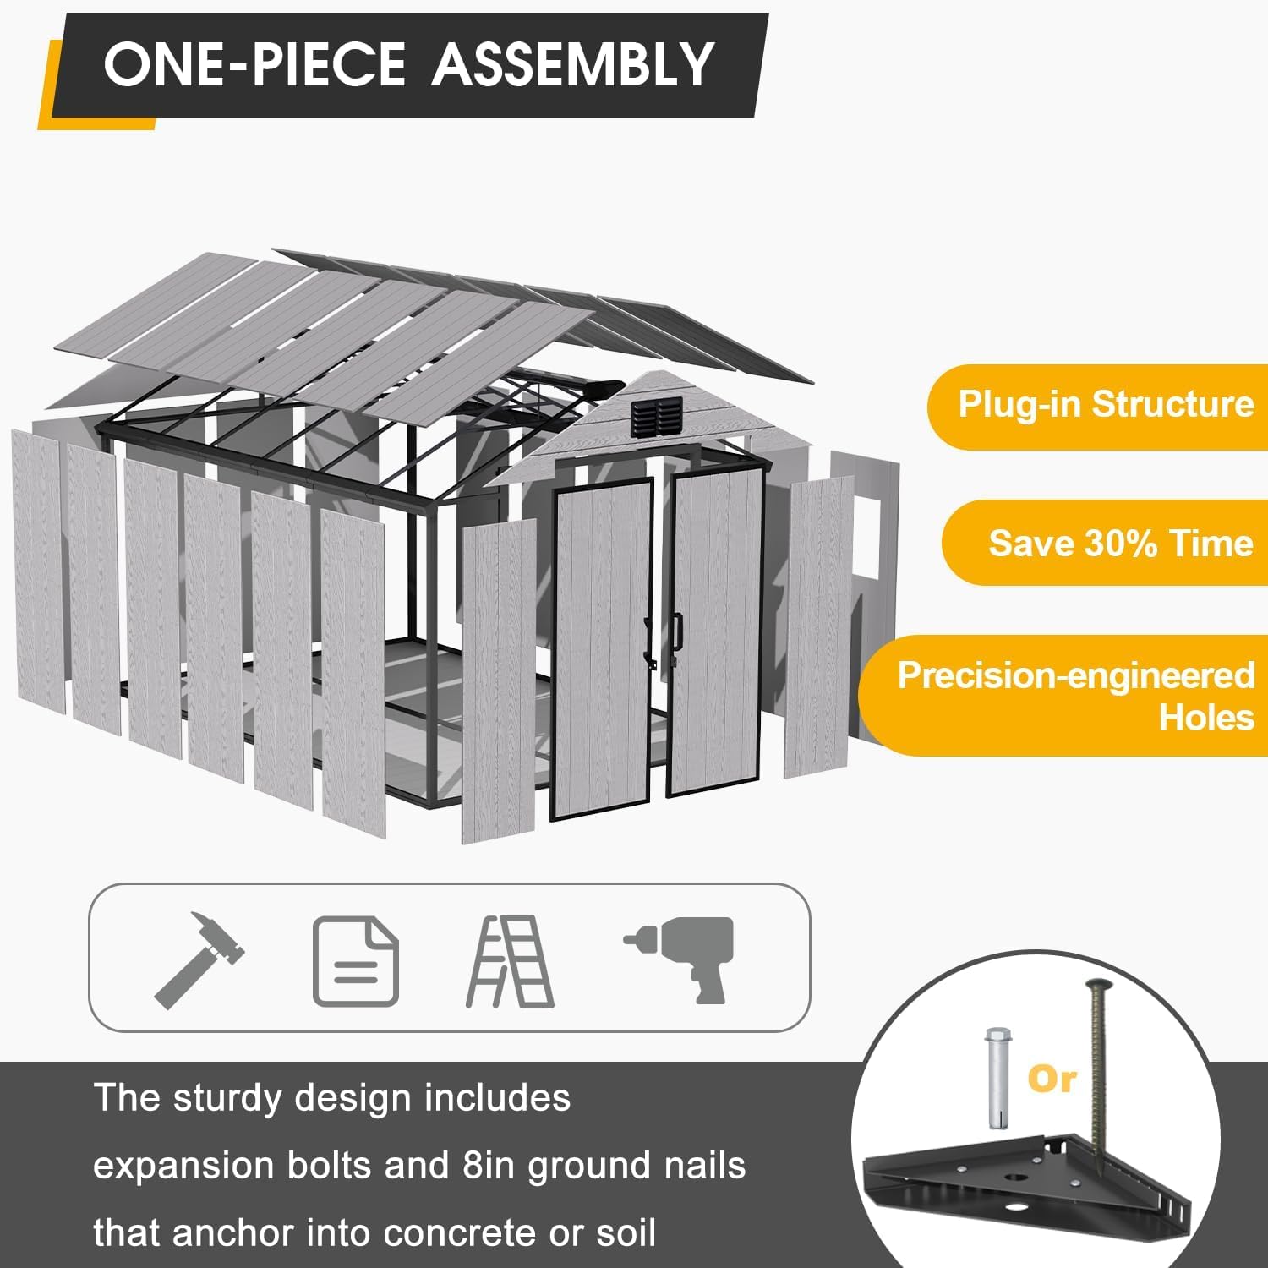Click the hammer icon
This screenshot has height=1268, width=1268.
tap(199, 959)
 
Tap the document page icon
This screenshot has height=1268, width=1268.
tap(356, 961)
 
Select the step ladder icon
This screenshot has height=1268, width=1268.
tap(510, 961)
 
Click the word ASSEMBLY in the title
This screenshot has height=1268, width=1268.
tap(574, 64)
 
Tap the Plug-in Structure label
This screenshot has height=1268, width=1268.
tap(1106, 404)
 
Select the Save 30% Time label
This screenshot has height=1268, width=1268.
tap(1121, 543)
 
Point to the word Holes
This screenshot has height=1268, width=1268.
tap(1206, 718)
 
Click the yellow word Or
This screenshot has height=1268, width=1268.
tap(1052, 1079)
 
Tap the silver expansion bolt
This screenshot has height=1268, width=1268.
tap(997, 1077)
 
